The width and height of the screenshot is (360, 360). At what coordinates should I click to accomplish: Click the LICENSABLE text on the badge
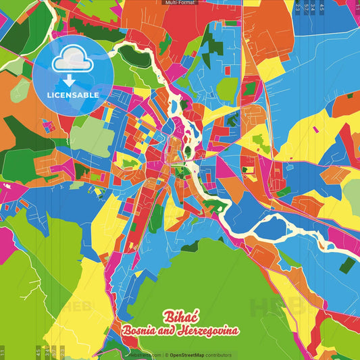pos(72,95)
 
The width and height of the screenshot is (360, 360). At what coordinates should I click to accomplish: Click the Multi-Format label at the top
pos(180,3)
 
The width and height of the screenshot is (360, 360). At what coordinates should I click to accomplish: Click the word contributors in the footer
pos(219,355)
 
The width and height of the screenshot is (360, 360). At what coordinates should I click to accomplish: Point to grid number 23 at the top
pos(298,7)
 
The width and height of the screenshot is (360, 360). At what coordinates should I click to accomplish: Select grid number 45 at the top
pos(322,7)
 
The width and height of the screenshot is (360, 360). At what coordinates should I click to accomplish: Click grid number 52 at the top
pos(306,7)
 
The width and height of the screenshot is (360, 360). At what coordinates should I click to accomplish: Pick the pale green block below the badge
pos(93,138)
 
